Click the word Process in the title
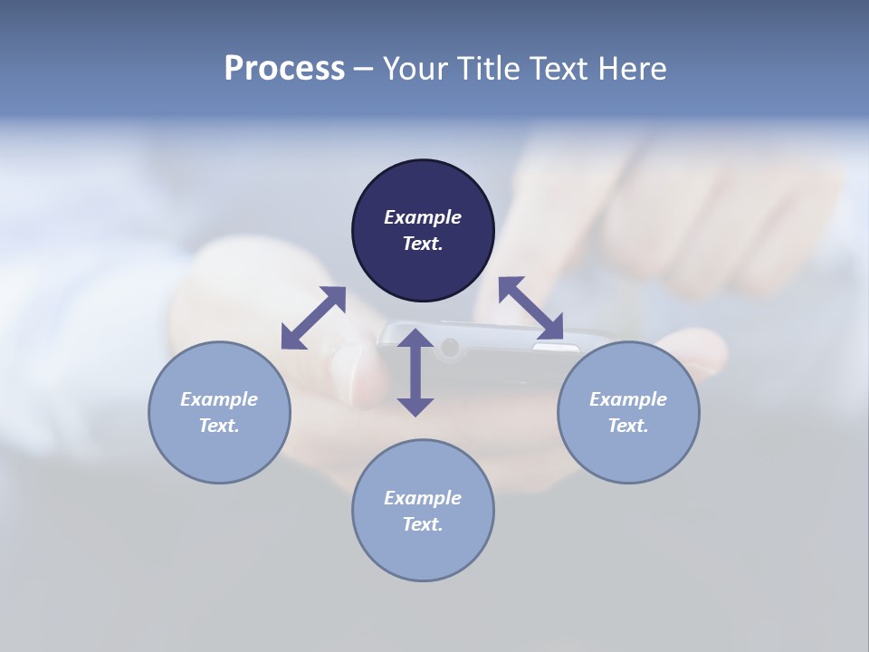pos(284,69)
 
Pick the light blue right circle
pos(628,447)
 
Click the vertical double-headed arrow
pos(415,372)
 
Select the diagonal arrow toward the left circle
pos(313,318)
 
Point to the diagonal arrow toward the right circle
pos(530,309)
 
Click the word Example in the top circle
pos(423,217)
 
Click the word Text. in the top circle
pos(423,244)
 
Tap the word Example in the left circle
pos(219,399)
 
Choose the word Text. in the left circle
pos(219,426)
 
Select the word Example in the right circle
pos(628,399)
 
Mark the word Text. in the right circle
pos(628,426)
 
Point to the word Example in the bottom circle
pos(423,498)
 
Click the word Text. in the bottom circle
pos(423,524)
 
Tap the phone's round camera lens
pos(449,346)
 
